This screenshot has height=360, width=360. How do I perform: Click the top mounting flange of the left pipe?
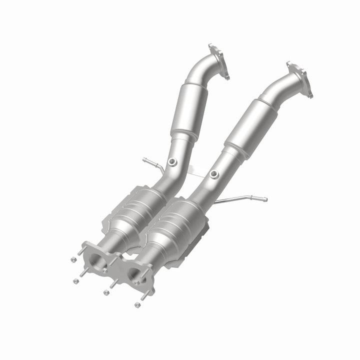click(x=218, y=61)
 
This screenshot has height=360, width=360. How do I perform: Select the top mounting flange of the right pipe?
click(x=299, y=79)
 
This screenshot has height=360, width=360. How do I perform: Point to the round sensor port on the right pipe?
click(x=213, y=174)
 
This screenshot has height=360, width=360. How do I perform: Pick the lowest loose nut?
click(x=136, y=304)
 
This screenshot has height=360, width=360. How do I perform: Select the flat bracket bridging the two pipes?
click(x=195, y=173)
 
